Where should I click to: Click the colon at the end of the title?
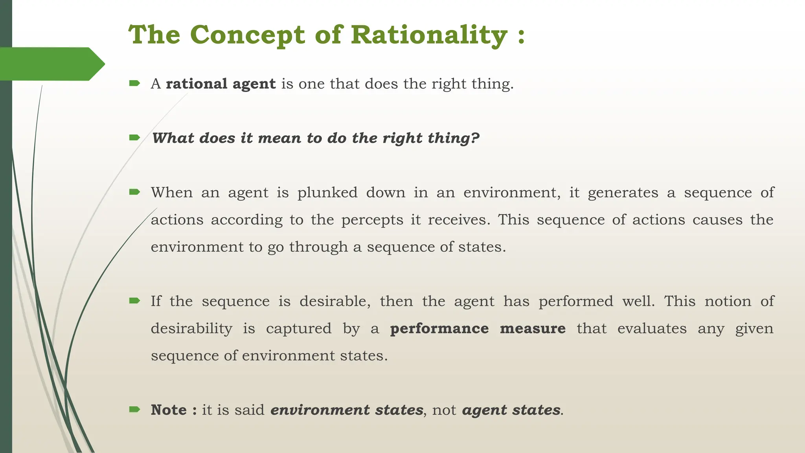point(521,35)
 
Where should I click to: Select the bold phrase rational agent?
point(221,84)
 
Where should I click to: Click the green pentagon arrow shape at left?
point(51,64)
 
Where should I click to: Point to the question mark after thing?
point(475,138)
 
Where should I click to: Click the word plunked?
point(327,193)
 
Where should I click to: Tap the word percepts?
point(372,220)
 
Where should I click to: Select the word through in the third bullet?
point(318,247)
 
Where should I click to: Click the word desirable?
point(334,301)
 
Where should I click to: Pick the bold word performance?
point(439,328)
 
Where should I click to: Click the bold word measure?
point(532,328)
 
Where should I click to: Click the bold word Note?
point(169,410)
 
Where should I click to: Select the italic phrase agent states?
point(511,410)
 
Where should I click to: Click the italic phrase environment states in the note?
point(347,410)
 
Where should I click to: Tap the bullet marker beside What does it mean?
point(134,138)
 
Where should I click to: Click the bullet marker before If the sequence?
point(134,301)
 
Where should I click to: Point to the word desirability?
point(191,328)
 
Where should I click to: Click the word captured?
point(299,328)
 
